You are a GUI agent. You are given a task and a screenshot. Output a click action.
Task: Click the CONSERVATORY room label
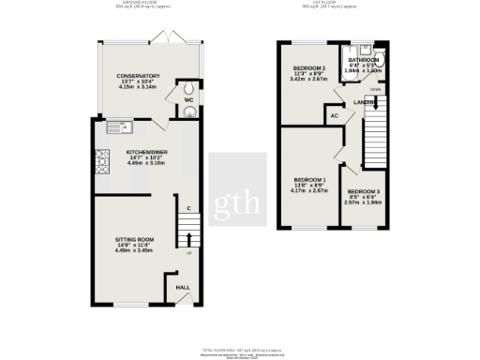tap(137, 76)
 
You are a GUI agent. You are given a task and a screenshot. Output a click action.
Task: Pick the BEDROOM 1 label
tap(310, 179)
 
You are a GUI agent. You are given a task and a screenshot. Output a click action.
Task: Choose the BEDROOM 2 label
tap(309, 68)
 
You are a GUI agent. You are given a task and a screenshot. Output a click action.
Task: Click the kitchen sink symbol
tap(122, 125)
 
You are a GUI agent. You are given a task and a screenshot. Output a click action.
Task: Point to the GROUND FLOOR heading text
tap(145, 4)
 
